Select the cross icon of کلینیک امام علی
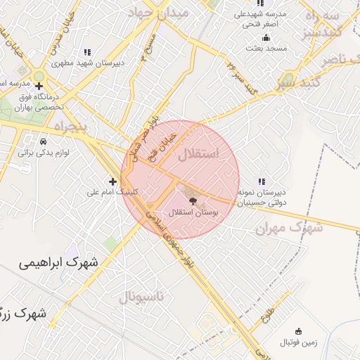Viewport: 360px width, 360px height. (x=112, y=181)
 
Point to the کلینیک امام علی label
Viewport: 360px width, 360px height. (x=112, y=192)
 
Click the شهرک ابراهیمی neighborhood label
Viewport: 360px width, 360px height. (x=58, y=264)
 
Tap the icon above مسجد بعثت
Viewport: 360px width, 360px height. (x=266, y=38)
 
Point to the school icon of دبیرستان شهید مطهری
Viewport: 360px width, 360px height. (x=87, y=51)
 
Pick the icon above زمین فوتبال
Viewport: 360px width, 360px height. (x=299, y=332)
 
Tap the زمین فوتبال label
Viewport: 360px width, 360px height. (x=299, y=343)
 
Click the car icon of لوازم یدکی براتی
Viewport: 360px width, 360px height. (x=44, y=141)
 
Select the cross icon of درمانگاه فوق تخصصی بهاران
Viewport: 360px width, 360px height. (x=39, y=86)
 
